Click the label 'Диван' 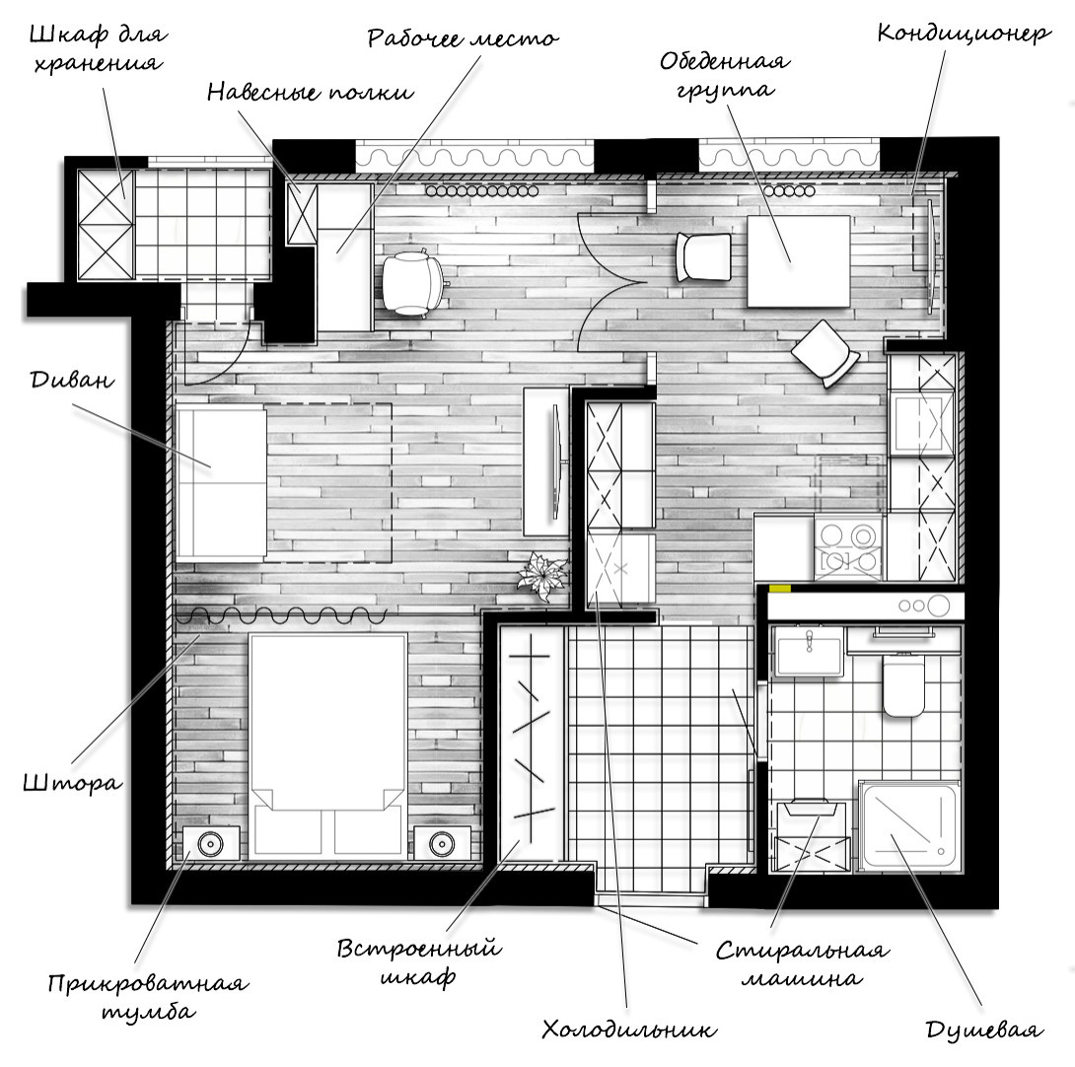(72, 380)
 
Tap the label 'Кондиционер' (964, 33)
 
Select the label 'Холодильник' (629, 1029)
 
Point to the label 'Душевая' (984, 1030)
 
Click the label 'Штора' (73, 782)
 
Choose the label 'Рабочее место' (463, 37)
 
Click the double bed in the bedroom (327, 747)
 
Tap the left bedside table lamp (210, 843)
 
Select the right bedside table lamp (442, 843)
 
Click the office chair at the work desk (411, 282)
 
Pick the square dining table (799, 261)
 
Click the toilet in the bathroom (903, 685)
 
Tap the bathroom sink (809, 652)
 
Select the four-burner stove (850, 548)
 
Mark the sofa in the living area (221, 483)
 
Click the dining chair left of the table (703, 257)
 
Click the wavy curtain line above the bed (281, 615)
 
